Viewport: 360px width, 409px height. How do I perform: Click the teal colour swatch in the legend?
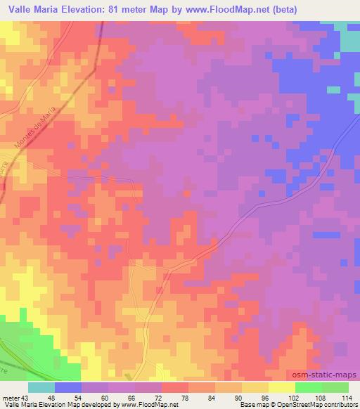pyautogui.click(x=41, y=387)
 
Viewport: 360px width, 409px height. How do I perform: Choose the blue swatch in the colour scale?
pyautogui.click(x=68, y=387)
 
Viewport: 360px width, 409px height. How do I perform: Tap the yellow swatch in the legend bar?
pyautogui.click(x=281, y=387)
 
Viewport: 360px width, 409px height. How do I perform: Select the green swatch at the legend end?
pyautogui.click(x=335, y=387)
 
